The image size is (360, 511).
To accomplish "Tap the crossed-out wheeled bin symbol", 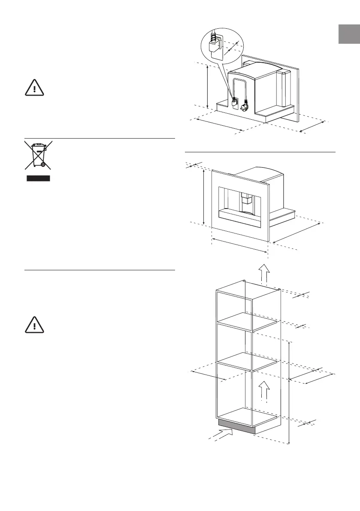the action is [38, 155].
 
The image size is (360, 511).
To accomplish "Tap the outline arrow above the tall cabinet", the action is [264, 274].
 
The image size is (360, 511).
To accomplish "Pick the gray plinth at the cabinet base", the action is [237, 426].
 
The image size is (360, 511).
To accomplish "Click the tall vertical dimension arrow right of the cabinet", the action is [290, 393].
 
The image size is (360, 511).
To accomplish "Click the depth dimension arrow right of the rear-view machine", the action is [312, 127].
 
